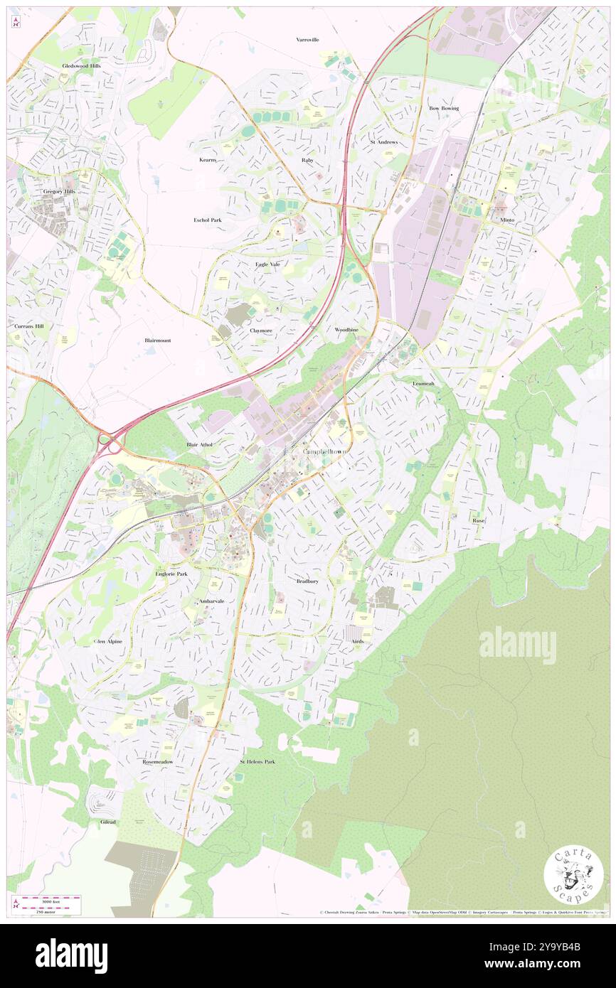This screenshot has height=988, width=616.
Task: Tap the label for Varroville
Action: coord(308,40)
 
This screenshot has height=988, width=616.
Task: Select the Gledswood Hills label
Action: coord(81,65)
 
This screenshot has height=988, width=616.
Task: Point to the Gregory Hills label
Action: coord(59,192)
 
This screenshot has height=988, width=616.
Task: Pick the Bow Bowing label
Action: coord(444,108)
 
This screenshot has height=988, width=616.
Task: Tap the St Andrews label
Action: coord(383,142)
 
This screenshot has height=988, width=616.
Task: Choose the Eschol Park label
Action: coord(208,220)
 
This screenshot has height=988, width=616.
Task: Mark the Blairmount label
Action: coord(158,340)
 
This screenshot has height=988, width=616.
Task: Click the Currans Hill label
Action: coord(29,326)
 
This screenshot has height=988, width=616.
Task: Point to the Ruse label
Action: coord(479,520)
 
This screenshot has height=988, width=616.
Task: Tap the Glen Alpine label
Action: coord(108,641)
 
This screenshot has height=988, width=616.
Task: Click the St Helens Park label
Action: coord(257,761)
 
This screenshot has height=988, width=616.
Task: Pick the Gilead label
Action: coord(108,822)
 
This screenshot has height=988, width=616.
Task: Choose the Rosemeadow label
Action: coord(158,761)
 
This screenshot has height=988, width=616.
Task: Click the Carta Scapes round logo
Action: coord(573,876)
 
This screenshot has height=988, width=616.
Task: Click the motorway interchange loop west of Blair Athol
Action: coord(110,442)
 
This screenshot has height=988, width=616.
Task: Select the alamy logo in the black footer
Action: coord(71,956)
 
